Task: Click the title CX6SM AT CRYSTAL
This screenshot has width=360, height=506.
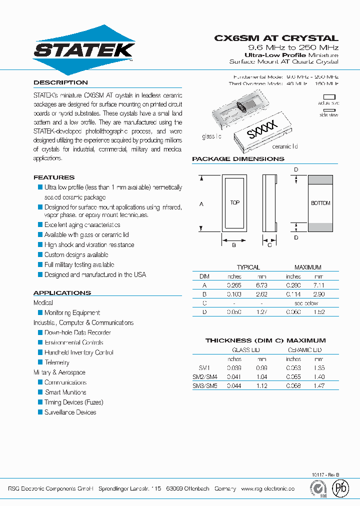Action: tap(276, 38)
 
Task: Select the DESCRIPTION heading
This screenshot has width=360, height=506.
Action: tap(60, 82)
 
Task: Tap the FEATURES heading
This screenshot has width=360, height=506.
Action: tap(54, 177)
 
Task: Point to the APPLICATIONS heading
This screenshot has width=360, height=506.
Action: tap(62, 293)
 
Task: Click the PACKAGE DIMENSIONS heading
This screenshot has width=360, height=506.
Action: tap(238, 159)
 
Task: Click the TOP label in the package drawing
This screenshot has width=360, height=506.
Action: tap(234, 202)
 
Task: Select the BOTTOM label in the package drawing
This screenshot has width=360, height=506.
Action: tap(320, 203)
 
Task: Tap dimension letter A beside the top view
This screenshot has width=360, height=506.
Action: tap(201, 204)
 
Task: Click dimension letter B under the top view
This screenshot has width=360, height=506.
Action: tap(234, 244)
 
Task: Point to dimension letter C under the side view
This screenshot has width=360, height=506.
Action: tap(269, 244)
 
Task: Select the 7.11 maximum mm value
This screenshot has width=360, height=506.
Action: tap(318, 285)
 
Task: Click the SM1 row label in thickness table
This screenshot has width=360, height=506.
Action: tap(198, 367)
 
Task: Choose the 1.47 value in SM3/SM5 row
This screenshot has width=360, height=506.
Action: tap(318, 385)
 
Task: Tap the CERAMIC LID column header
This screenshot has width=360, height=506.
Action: tap(305, 350)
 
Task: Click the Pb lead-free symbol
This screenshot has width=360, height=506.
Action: tap(341, 488)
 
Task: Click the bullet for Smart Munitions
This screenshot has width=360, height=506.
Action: tap(40, 392)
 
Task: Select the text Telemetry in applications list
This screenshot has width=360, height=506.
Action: tap(57, 362)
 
